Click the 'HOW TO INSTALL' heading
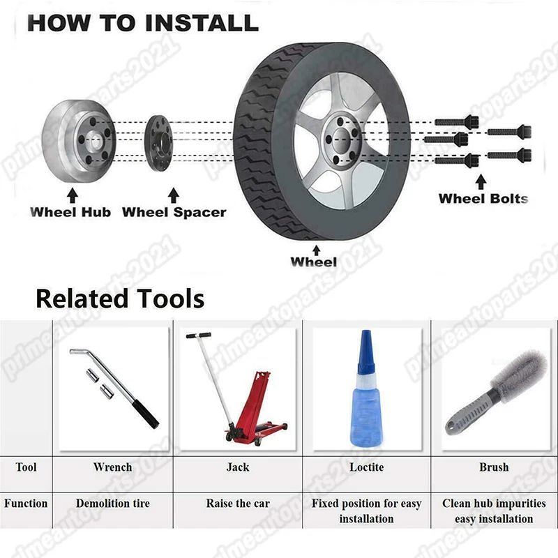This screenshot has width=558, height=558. click(x=143, y=23)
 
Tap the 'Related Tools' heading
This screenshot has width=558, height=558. click(x=120, y=299)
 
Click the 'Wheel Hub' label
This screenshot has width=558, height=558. click(x=70, y=212)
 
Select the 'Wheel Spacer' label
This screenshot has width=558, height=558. click(x=174, y=212)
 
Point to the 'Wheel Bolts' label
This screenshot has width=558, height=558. click(x=483, y=198)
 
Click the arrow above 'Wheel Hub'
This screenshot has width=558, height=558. click(x=73, y=196)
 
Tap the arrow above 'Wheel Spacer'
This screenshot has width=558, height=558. click(x=173, y=195)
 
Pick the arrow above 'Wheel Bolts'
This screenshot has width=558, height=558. click(x=481, y=181)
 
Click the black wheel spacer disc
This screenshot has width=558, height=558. click(x=159, y=143)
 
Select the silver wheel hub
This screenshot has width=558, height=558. click(x=78, y=141)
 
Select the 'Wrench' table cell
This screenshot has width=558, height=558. click(x=112, y=467)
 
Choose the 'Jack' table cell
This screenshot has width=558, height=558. click(x=238, y=467)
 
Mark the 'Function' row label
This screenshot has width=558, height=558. click(x=26, y=504)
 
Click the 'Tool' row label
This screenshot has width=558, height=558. click(x=26, y=467)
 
